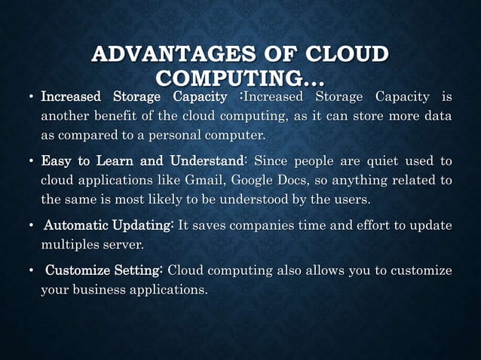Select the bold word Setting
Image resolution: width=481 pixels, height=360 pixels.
[139, 271]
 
